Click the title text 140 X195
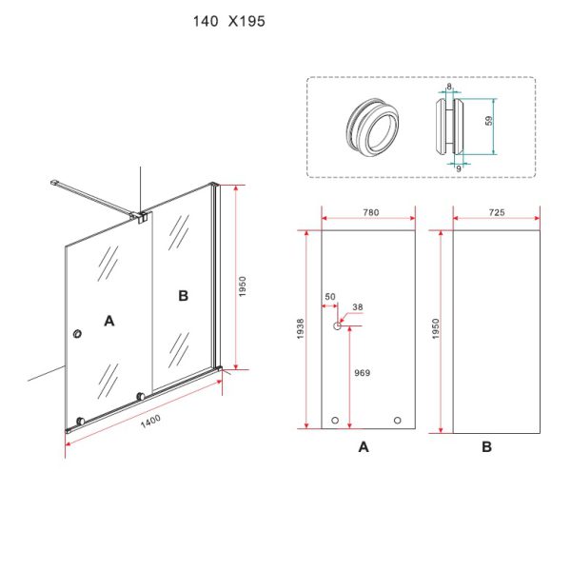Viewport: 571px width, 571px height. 229,22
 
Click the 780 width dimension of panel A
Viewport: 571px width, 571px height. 371,212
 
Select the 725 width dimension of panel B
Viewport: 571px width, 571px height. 497,212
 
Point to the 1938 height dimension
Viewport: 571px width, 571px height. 300,329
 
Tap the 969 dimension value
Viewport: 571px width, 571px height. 362,372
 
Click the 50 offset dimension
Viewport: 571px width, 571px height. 330,297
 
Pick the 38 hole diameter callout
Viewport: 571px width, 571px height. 358,307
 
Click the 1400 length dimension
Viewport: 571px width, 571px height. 150,421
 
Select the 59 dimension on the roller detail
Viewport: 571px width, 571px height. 489,121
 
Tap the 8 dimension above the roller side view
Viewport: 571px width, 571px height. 449,87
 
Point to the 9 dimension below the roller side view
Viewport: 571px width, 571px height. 459,168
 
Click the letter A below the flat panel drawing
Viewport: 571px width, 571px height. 364,447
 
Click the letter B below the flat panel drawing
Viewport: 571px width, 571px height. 487,447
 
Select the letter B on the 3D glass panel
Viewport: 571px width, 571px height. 183,296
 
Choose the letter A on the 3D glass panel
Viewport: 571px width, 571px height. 109,321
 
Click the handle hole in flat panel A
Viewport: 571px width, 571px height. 337,325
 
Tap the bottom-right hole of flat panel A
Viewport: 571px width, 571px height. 397,421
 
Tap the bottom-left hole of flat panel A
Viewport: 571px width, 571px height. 335,421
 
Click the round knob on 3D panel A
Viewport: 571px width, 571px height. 77,334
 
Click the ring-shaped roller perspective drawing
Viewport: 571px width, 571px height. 372,128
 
